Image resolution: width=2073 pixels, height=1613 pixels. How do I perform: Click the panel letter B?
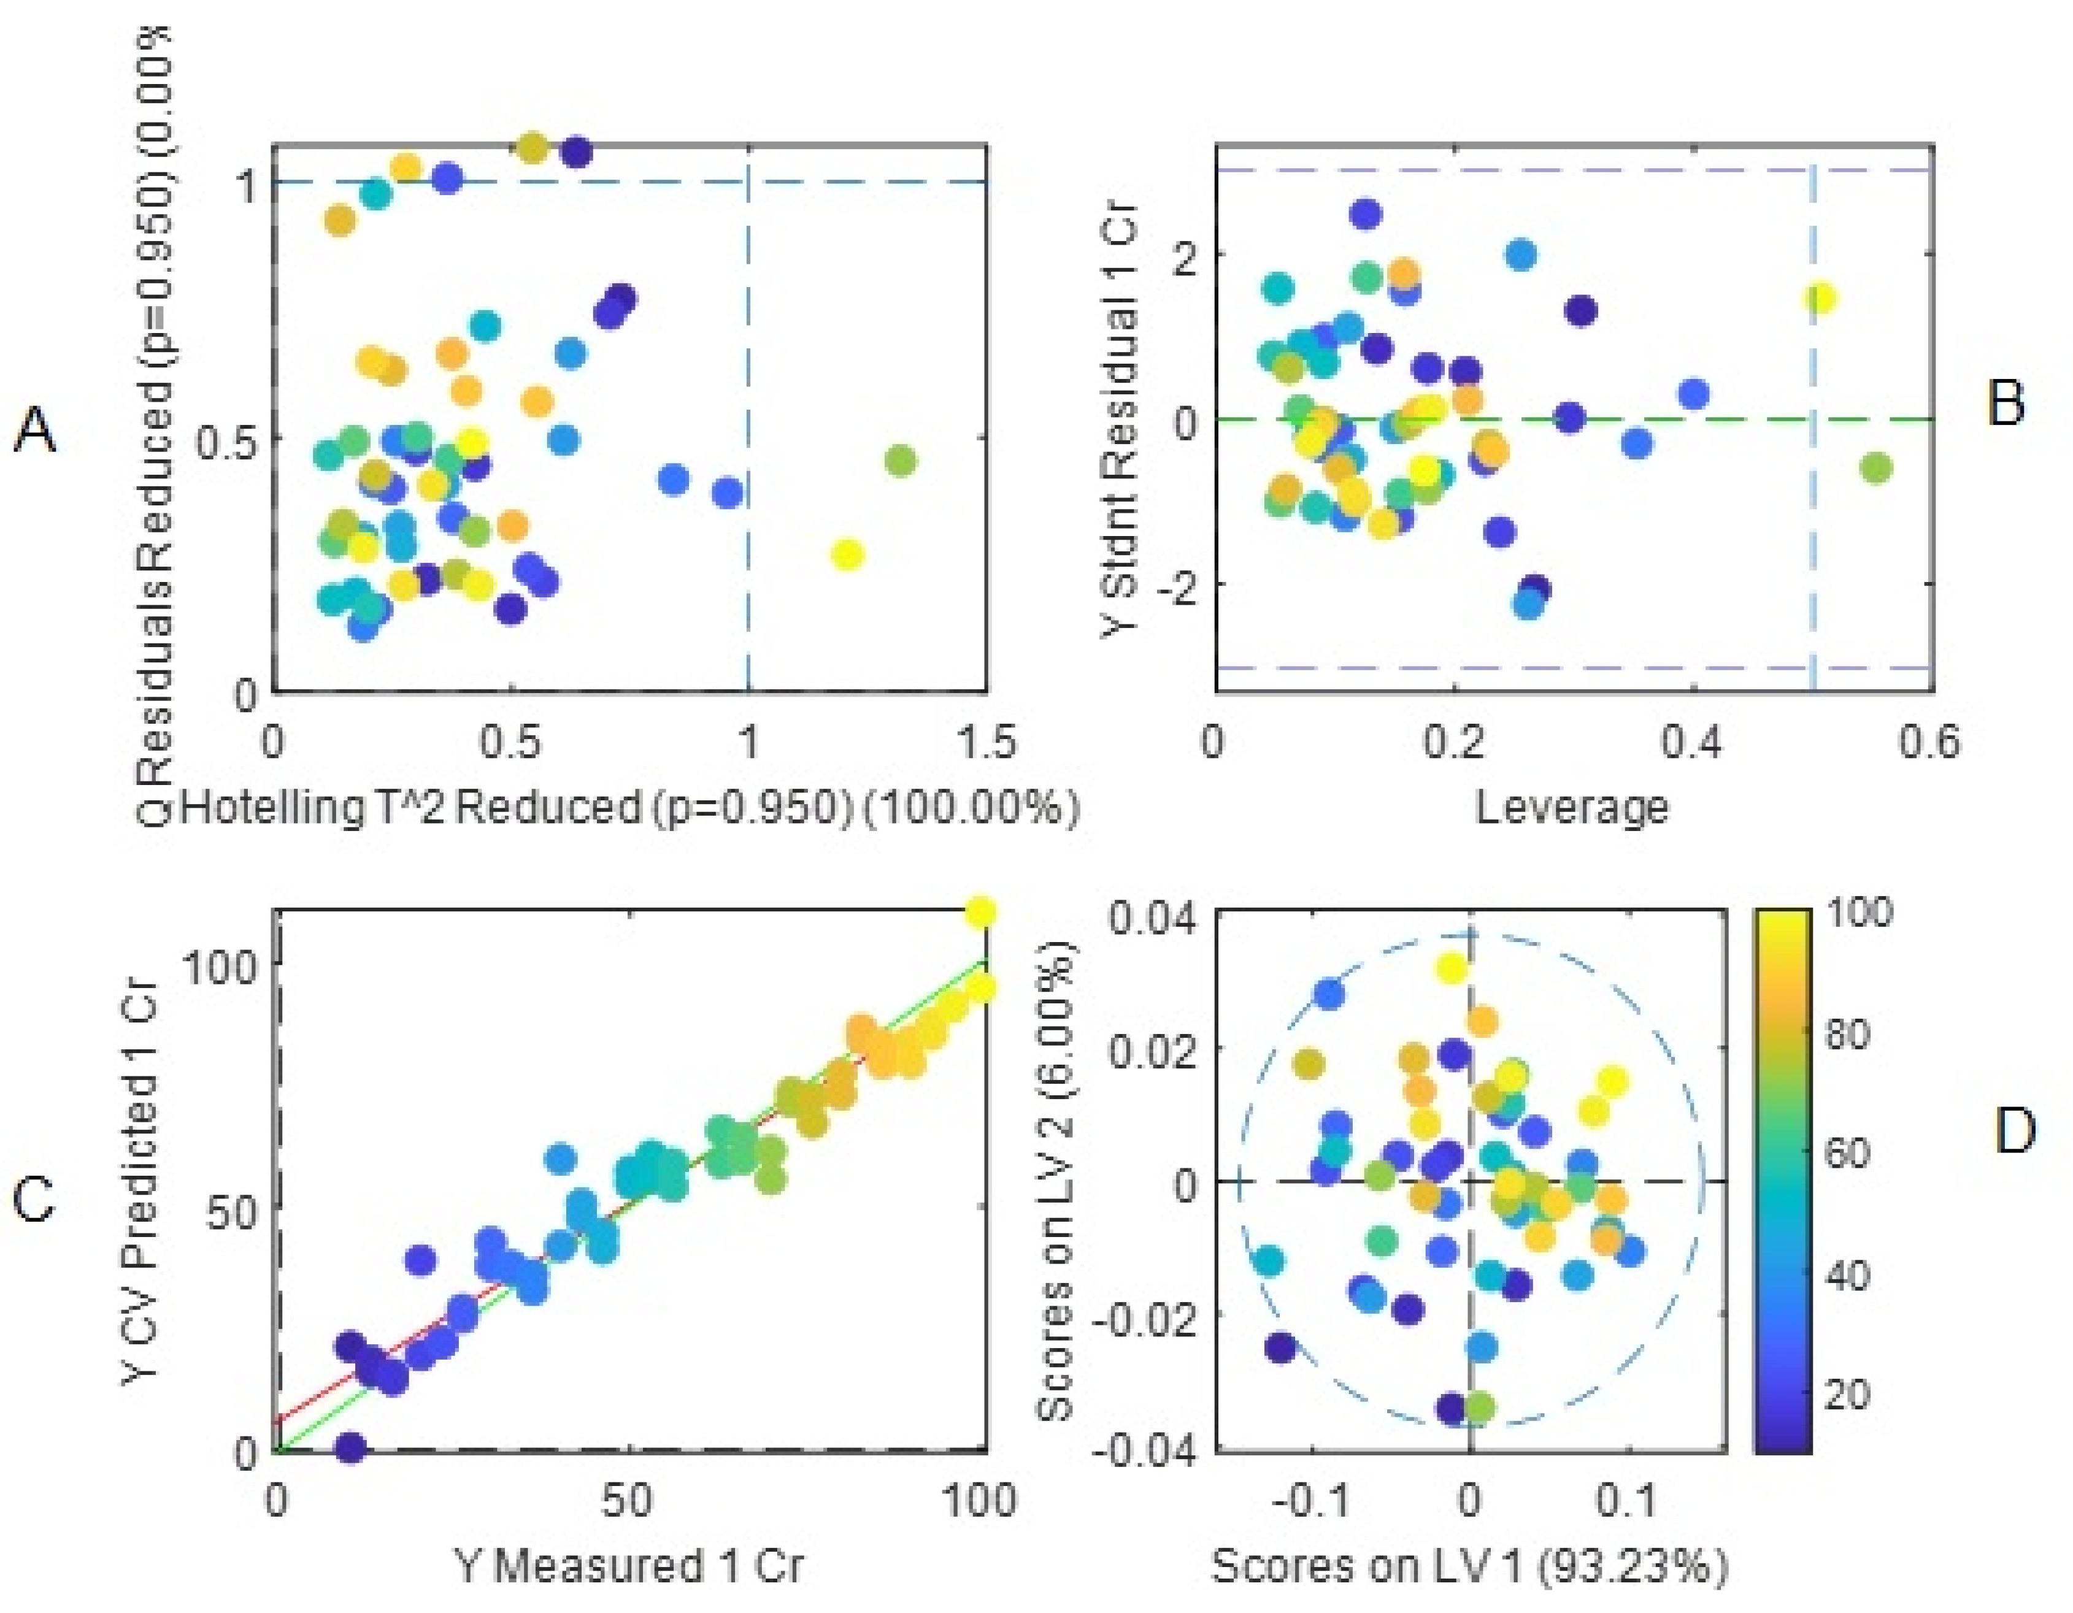[x=2006, y=404]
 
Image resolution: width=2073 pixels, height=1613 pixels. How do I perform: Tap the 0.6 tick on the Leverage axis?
[x=1929, y=742]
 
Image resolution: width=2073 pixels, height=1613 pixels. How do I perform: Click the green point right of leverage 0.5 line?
[x=1875, y=468]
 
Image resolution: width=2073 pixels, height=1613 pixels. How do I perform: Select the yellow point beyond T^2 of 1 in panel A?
[x=847, y=555]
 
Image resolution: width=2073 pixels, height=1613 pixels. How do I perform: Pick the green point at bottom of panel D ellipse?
[x=1479, y=1407]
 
